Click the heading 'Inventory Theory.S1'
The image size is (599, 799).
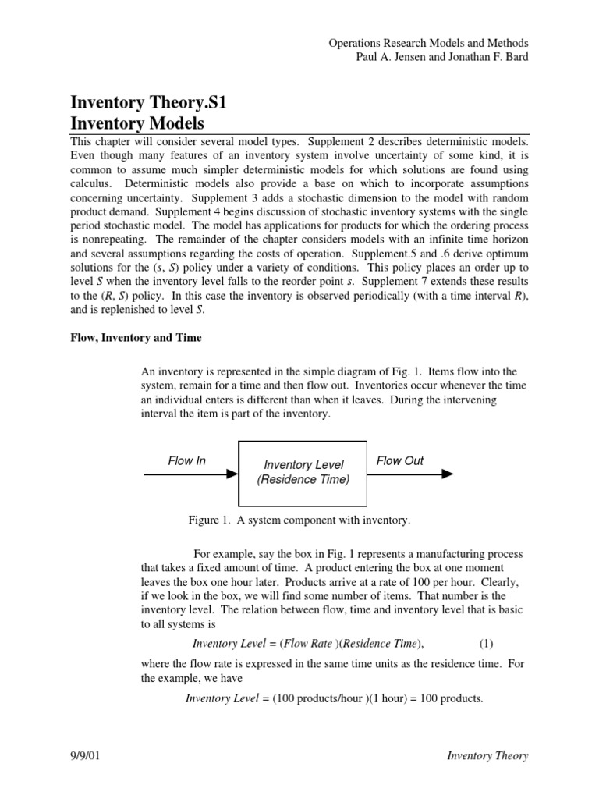pyautogui.click(x=148, y=102)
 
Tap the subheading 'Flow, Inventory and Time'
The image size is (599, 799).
pyautogui.click(x=136, y=338)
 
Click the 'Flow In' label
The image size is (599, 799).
pyautogui.click(x=187, y=461)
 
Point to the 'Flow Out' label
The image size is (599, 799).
pyautogui.click(x=400, y=461)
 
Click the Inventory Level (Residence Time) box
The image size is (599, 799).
pyautogui.click(x=303, y=472)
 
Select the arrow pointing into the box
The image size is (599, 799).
pyautogui.click(x=191, y=473)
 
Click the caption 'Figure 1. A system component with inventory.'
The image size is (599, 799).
pyautogui.click(x=299, y=520)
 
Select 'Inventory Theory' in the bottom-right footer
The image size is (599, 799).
pyautogui.click(x=487, y=755)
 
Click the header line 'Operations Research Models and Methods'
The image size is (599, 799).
pyautogui.click(x=428, y=44)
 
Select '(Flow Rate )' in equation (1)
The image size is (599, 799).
pyautogui.click(x=314, y=643)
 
